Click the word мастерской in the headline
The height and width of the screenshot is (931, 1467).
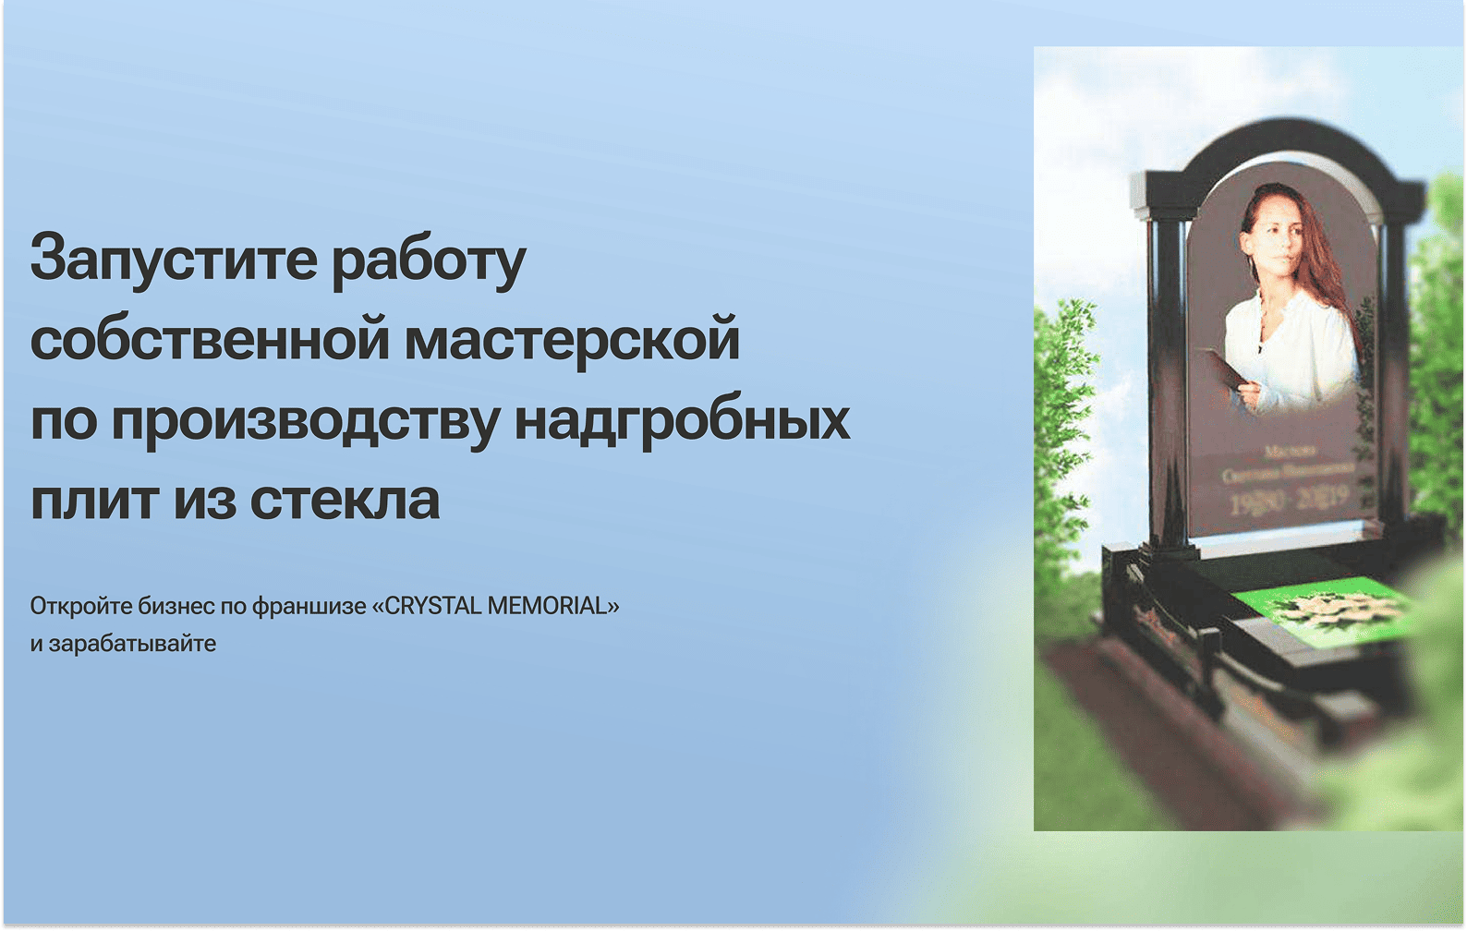[x=573, y=339]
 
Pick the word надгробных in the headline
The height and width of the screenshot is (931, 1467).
[x=682, y=420]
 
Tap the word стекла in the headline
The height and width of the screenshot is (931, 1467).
[x=345, y=500]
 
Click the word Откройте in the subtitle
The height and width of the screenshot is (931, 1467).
[x=81, y=606]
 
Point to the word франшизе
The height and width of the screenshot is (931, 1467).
[x=309, y=606]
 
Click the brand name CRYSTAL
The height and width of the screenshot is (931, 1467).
[x=432, y=606]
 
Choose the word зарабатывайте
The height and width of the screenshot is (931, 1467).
[x=132, y=644]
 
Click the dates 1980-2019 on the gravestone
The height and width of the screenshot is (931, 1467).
[x=1288, y=502]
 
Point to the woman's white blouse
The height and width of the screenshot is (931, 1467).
[x=1293, y=351]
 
